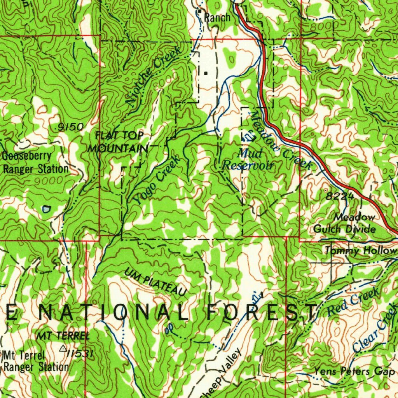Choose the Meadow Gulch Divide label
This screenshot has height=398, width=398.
pyautogui.click(x=344, y=223)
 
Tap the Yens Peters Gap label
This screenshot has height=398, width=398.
pyautogui.click(x=354, y=372)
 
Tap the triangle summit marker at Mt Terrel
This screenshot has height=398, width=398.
pyautogui.click(x=63, y=348)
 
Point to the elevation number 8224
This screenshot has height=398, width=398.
pyautogui.click(x=340, y=197)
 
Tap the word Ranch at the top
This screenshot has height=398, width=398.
pyautogui.click(x=217, y=17)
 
